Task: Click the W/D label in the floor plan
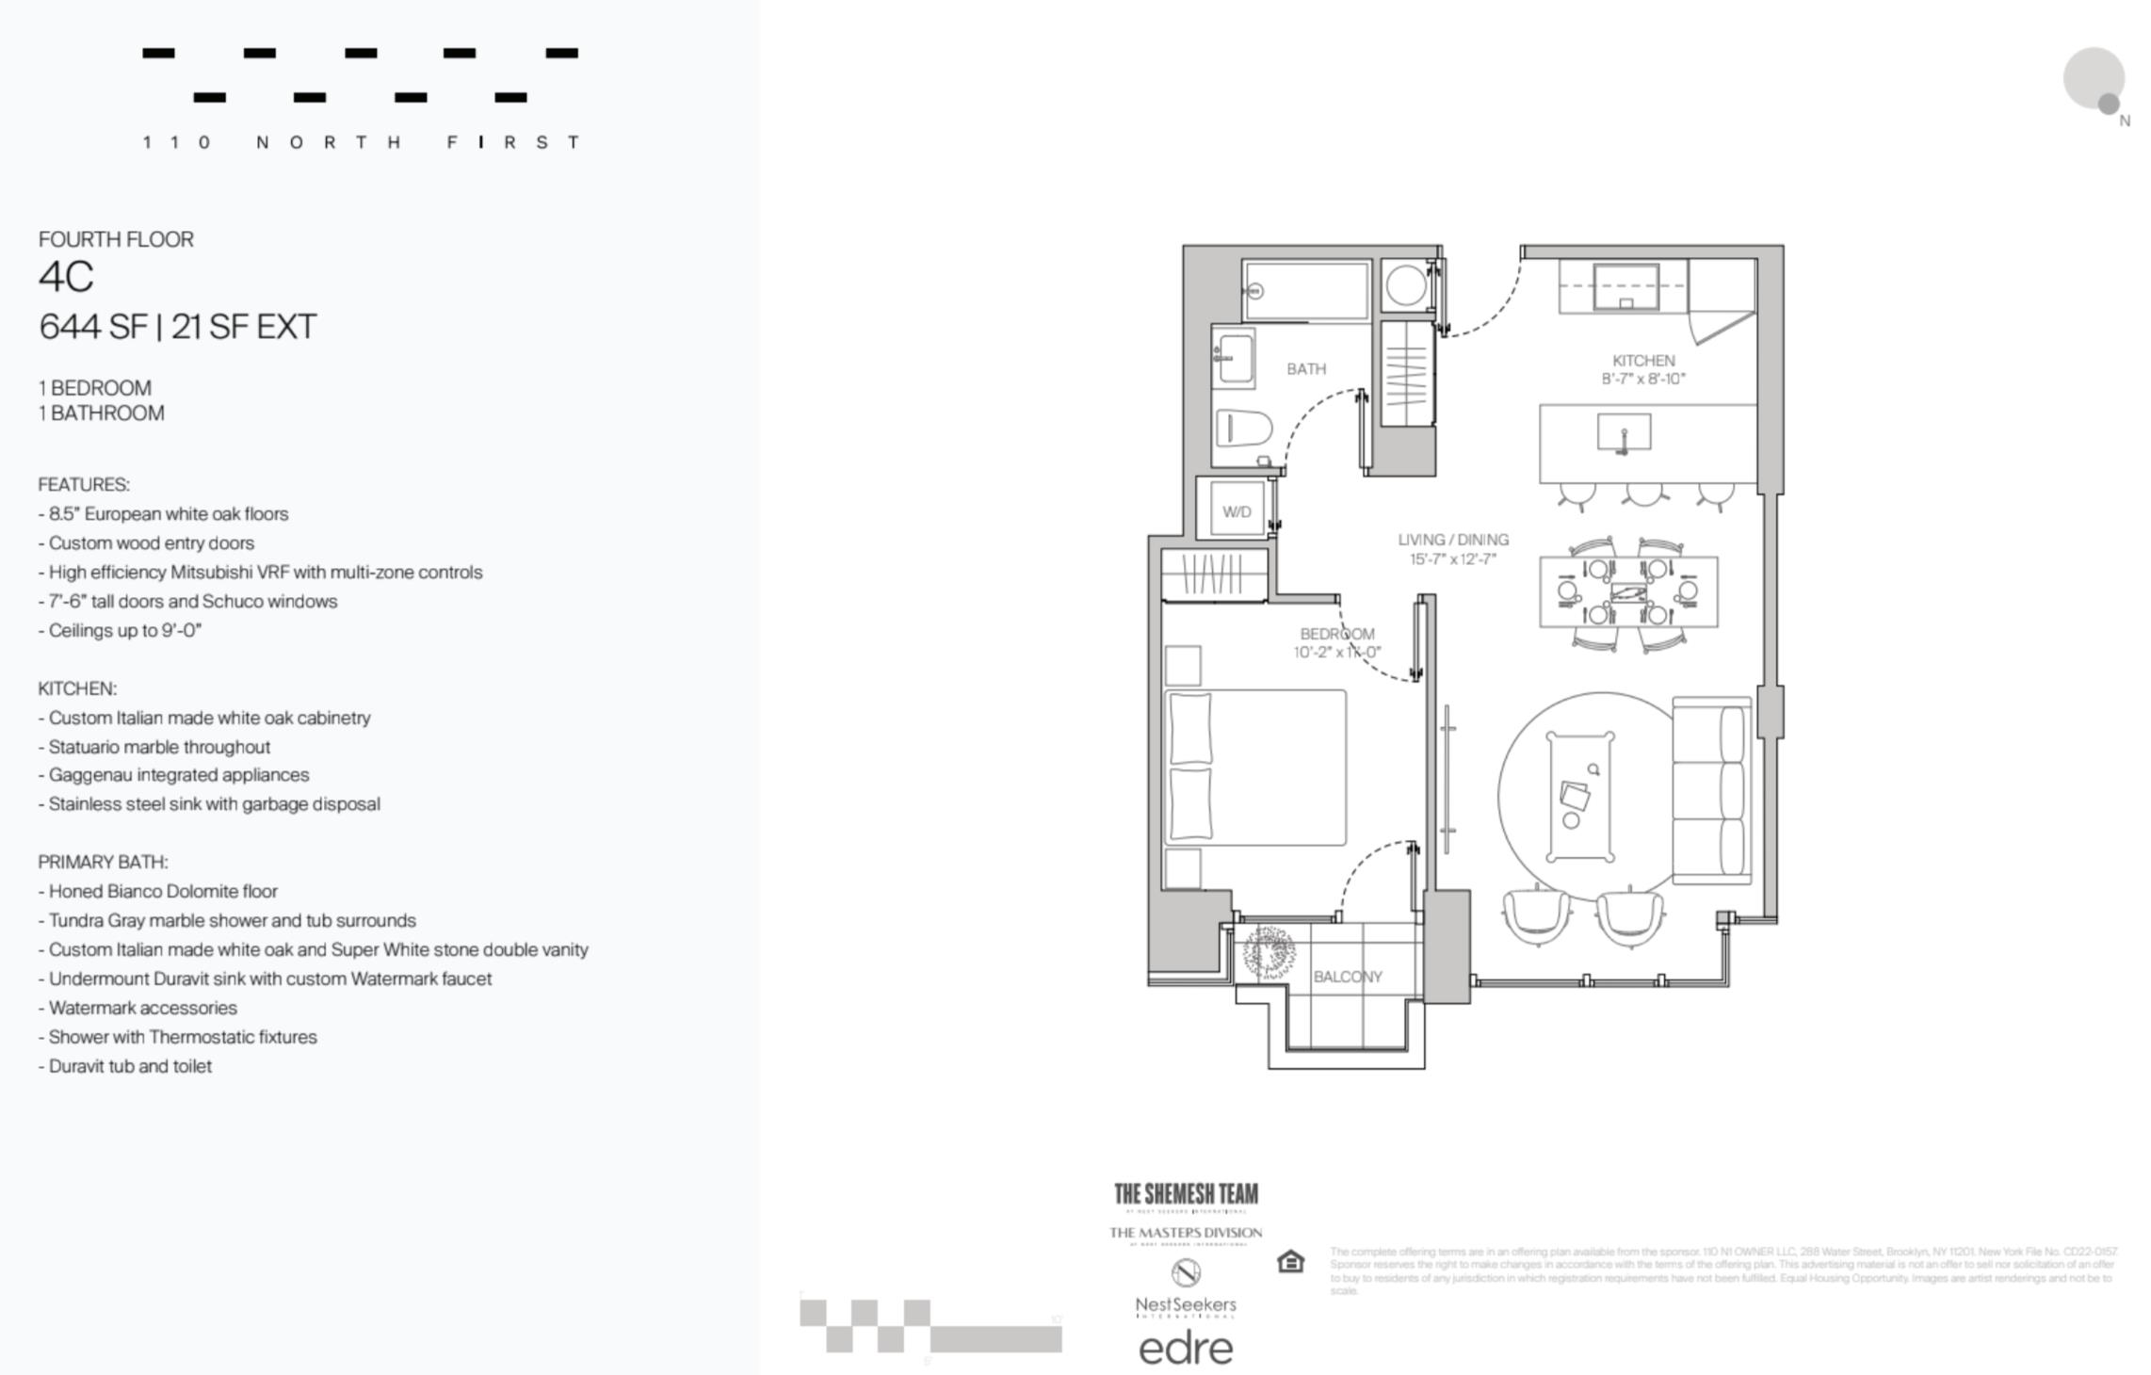(1237, 511)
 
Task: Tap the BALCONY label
(1348, 977)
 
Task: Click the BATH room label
(1306, 369)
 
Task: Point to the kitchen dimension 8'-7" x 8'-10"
(1643, 379)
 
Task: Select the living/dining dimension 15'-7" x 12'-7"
(1453, 558)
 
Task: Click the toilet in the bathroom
(1242, 428)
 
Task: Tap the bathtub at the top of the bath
(1306, 291)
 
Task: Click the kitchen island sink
(1624, 433)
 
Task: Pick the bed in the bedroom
(1255, 768)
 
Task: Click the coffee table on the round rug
(1579, 796)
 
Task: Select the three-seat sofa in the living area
(1711, 791)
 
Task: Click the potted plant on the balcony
(1268, 950)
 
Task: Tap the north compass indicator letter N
(2125, 121)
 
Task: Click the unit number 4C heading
(66, 277)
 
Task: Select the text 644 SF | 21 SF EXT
(177, 327)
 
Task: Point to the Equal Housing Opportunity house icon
(1290, 1261)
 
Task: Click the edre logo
(1186, 1349)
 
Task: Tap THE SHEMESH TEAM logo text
(1186, 1194)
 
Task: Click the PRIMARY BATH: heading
(103, 862)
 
